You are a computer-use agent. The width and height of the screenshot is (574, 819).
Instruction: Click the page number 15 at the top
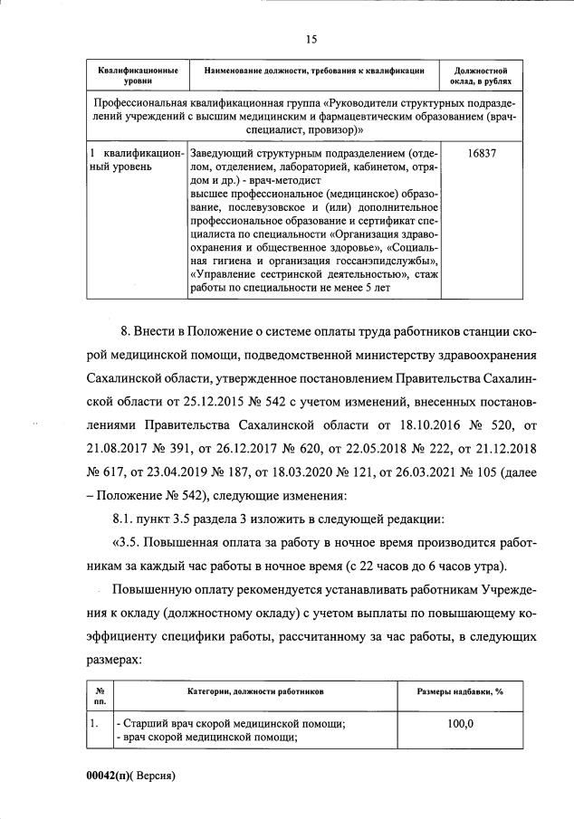point(311,38)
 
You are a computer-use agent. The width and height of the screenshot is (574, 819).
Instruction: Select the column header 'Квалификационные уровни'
point(138,75)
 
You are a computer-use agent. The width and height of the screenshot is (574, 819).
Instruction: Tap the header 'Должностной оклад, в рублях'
point(481,75)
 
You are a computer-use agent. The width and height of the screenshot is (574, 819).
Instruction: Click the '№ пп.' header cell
point(100,696)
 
